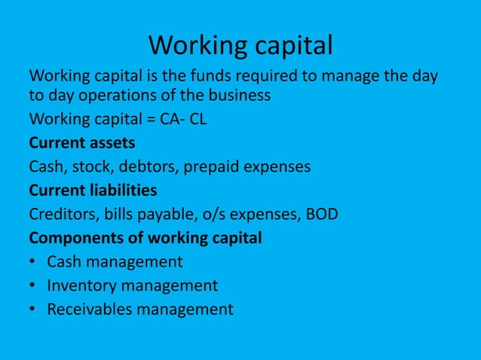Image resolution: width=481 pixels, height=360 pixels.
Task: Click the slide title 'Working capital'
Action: [240, 46]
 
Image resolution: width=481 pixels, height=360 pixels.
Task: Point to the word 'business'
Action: [238, 97]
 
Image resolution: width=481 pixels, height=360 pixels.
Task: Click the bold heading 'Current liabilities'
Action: [93, 190]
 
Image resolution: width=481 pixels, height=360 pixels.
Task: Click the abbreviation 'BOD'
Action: [321, 214]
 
